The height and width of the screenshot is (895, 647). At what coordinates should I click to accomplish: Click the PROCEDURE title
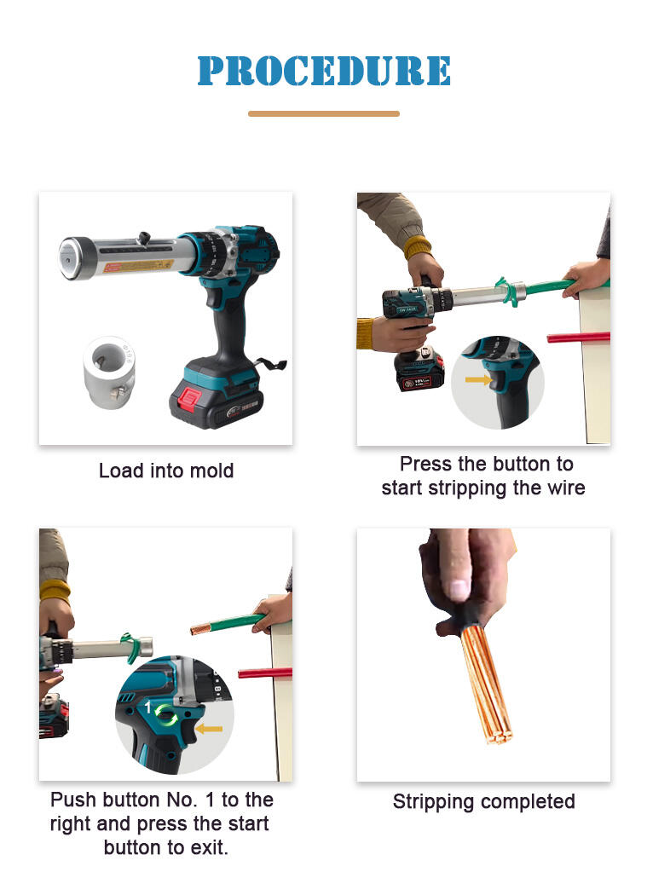[324, 71]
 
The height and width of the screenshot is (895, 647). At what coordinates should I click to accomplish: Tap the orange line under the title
[324, 113]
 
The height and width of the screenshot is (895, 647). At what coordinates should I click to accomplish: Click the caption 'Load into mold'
[166, 471]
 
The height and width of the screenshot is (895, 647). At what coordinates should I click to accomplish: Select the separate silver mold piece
[109, 372]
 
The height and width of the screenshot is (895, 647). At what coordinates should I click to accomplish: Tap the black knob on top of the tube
[144, 237]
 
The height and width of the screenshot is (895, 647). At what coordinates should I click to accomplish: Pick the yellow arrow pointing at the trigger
[477, 379]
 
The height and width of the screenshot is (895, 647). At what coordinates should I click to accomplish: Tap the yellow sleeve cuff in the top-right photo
[418, 247]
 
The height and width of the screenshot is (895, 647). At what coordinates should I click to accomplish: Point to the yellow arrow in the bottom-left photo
[209, 729]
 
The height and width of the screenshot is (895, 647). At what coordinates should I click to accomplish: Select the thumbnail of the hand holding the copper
[483, 655]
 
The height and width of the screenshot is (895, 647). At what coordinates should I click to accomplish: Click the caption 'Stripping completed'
[483, 802]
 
